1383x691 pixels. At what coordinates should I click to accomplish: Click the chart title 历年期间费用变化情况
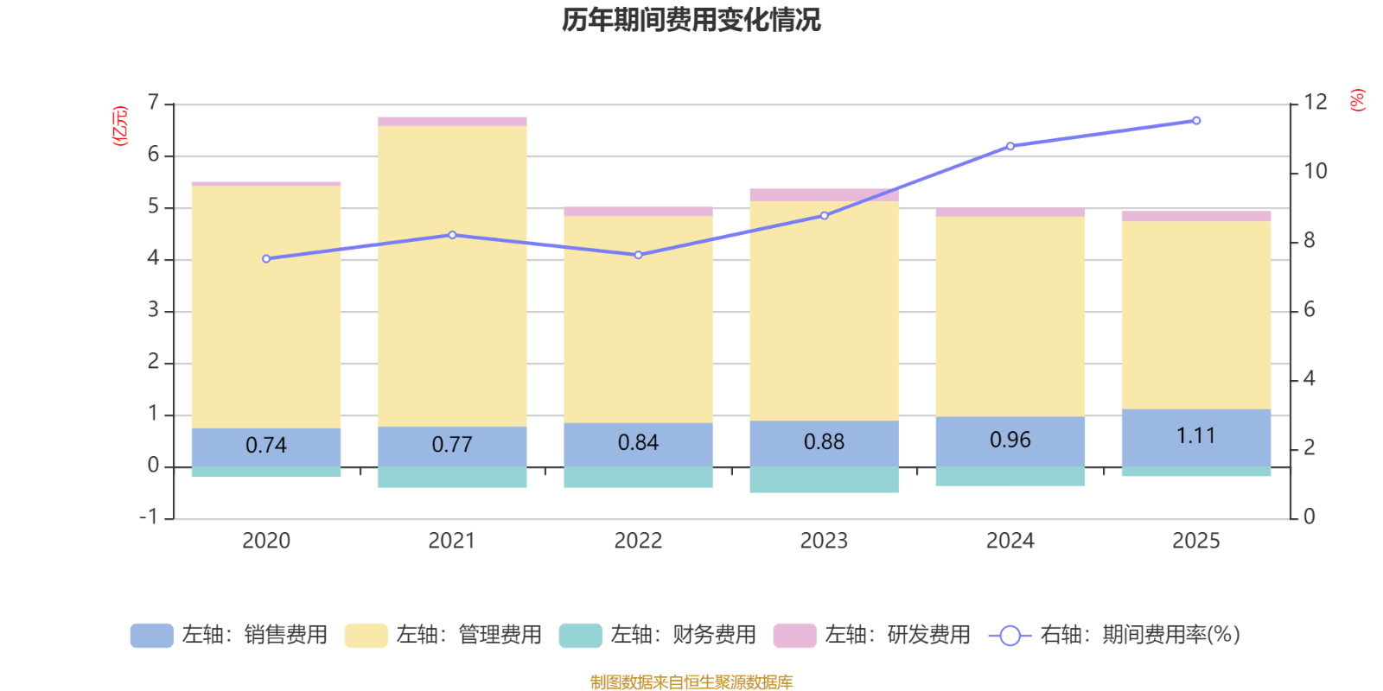click(x=691, y=20)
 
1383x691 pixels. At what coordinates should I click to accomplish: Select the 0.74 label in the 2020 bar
click(x=265, y=445)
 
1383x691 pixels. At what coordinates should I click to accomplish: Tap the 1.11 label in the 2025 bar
click(x=1195, y=435)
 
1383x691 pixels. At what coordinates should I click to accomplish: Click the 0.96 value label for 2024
click(x=1010, y=440)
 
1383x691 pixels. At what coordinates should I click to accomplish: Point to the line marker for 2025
click(x=1196, y=121)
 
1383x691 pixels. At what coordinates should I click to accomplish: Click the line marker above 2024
click(x=1010, y=146)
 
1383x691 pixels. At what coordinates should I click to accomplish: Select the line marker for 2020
click(x=266, y=259)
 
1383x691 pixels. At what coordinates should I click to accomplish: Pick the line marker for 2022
click(x=638, y=256)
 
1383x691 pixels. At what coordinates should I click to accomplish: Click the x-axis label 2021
click(x=451, y=541)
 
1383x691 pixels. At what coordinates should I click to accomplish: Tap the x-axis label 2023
click(x=824, y=541)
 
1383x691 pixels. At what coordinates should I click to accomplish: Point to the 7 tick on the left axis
click(x=153, y=104)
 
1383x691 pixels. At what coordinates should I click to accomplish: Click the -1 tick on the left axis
click(x=149, y=517)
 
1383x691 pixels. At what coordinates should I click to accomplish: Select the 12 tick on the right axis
click(x=1315, y=103)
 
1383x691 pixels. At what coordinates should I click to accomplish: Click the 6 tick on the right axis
click(x=1309, y=310)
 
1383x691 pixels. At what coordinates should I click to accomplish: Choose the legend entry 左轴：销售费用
click(x=229, y=635)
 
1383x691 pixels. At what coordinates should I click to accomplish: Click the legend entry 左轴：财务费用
click(x=658, y=635)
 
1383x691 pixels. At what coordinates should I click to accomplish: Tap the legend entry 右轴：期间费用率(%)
click(x=1114, y=635)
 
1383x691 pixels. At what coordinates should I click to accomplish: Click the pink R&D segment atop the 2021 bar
click(x=451, y=122)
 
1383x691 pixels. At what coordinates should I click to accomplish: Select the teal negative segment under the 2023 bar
click(x=824, y=480)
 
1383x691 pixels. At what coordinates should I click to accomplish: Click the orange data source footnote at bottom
click(x=691, y=682)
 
